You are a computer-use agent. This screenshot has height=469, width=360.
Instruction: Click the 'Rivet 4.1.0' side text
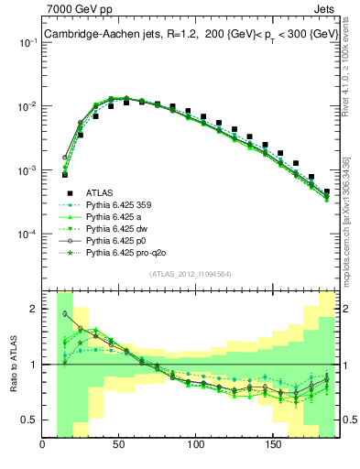(350, 55)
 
